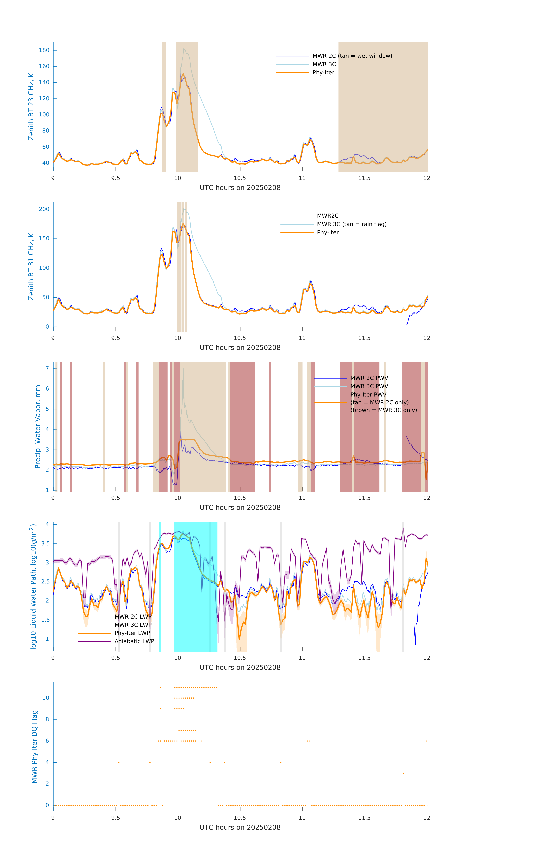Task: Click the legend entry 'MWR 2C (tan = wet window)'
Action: (x=352, y=56)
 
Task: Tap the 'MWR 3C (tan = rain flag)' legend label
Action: (x=351, y=224)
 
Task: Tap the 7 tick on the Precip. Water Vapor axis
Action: (x=47, y=368)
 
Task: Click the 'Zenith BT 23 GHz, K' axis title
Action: (x=31, y=107)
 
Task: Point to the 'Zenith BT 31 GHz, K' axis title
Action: (x=31, y=266)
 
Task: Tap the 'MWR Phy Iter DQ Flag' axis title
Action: (x=34, y=747)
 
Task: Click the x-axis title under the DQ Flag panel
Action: (x=240, y=828)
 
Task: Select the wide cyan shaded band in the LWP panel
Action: (x=195, y=587)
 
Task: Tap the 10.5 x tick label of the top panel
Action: (x=240, y=178)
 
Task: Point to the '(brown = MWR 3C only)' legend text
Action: (x=383, y=410)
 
